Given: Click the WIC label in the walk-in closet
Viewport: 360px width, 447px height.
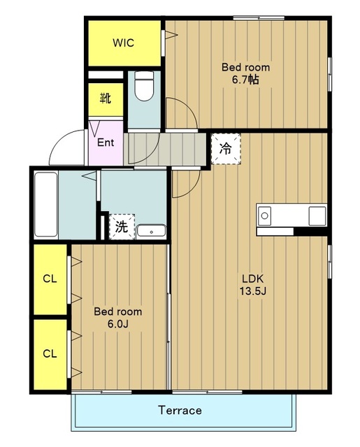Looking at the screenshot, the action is click(123, 43).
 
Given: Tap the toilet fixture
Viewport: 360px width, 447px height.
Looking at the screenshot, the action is click(144, 86).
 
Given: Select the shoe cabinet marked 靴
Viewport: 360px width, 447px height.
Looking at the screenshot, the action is click(106, 99).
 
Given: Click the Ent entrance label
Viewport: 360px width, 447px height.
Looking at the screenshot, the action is click(106, 142).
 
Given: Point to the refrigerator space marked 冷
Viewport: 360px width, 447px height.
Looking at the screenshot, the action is click(226, 149).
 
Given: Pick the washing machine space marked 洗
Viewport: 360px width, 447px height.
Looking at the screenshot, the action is click(122, 226).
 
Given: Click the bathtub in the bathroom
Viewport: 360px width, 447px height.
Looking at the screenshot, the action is click(46, 205).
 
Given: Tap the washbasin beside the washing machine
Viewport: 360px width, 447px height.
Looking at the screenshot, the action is click(151, 230).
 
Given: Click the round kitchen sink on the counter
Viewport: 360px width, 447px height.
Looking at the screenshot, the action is click(265, 216).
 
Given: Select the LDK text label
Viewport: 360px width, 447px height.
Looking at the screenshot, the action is click(253, 278).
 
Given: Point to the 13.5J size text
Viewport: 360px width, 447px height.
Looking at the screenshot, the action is click(253, 291).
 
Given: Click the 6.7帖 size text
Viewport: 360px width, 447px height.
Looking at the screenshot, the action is click(245, 80).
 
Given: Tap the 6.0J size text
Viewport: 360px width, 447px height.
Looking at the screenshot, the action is click(118, 324).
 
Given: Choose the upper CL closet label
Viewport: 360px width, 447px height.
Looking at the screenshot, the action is click(50, 279).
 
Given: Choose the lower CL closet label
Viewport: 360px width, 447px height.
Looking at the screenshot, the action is click(50, 353).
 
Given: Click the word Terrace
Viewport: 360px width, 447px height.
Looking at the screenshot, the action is click(180, 410).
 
